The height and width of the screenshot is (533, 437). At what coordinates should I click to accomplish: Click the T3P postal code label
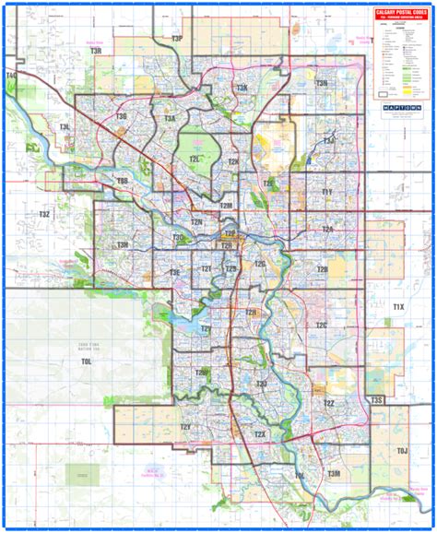[x=177, y=39]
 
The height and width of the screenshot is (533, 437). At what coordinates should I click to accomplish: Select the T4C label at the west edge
[x=11, y=75]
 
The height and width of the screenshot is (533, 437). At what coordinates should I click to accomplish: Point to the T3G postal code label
[x=121, y=117]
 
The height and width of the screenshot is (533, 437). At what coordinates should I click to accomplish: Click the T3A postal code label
[x=170, y=119]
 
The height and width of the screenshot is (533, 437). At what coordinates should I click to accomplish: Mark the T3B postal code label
[x=123, y=182]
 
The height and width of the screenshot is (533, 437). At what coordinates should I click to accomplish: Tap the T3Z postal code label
[x=43, y=214]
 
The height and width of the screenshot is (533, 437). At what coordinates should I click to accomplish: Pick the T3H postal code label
[x=122, y=245]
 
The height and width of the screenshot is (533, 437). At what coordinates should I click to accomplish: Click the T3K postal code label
[x=242, y=88]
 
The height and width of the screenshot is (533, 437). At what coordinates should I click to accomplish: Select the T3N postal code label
[x=322, y=84]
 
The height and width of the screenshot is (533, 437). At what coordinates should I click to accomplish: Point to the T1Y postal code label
[x=326, y=192]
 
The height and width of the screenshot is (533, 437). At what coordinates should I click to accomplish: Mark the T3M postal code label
[x=333, y=472]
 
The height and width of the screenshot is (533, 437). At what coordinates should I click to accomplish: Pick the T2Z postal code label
[x=328, y=405]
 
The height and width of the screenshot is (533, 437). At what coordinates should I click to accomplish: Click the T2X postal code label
[x=261, y=433]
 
